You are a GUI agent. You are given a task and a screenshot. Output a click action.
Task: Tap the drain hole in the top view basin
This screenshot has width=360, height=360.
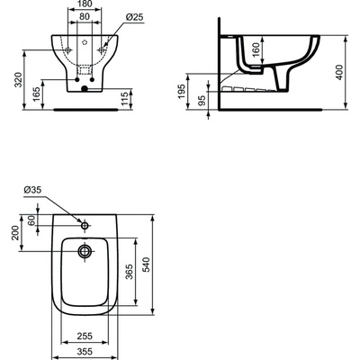85,251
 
